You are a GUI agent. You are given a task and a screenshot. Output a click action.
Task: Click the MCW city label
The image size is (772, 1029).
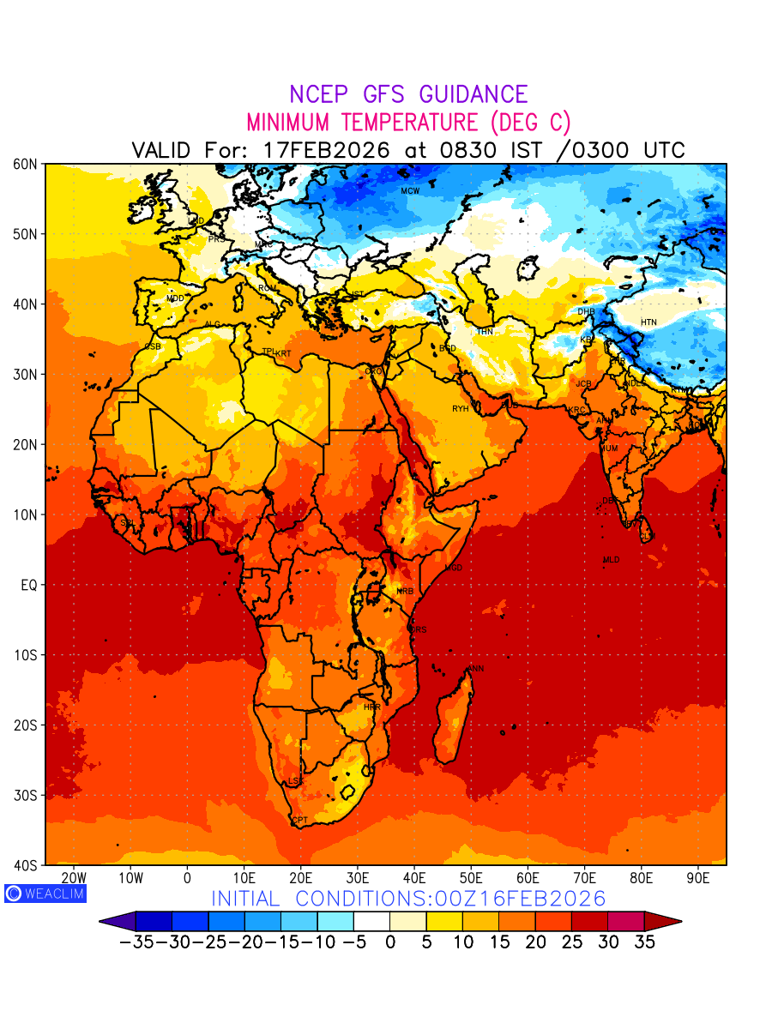click(410, 190)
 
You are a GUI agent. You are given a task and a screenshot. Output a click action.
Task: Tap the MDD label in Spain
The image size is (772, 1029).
click(175, 298)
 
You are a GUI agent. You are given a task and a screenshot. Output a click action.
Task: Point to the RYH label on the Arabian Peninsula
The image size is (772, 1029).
click(461, 409)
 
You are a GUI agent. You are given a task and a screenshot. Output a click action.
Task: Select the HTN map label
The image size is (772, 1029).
click(648, 322)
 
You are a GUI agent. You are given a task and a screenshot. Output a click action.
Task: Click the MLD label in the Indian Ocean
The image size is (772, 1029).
click(611, 560)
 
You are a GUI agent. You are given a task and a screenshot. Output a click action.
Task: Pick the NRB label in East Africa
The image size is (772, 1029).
click(405, 592)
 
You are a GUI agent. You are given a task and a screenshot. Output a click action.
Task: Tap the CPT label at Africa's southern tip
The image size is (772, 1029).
click(299, 821)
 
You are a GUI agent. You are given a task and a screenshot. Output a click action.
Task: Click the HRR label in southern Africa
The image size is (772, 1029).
click(371, 707)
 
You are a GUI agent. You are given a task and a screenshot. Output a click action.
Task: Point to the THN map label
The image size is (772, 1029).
click(485, 332)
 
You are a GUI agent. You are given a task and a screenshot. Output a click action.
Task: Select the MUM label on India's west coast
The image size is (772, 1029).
click(608, 448)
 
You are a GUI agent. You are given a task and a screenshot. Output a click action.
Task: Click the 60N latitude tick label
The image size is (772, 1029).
click(23, 164)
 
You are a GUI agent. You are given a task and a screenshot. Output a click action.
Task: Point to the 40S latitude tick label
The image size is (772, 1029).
click(23, 865)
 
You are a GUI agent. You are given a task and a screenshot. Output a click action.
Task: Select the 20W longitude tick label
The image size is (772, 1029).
click(75, 878)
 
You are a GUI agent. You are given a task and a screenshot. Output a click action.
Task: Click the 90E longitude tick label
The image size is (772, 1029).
click(698, 878)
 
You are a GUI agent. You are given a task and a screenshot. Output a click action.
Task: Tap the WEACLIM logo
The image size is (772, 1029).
click(45, 893)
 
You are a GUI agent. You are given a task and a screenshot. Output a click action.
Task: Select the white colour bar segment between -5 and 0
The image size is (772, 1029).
click(371, 921)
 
